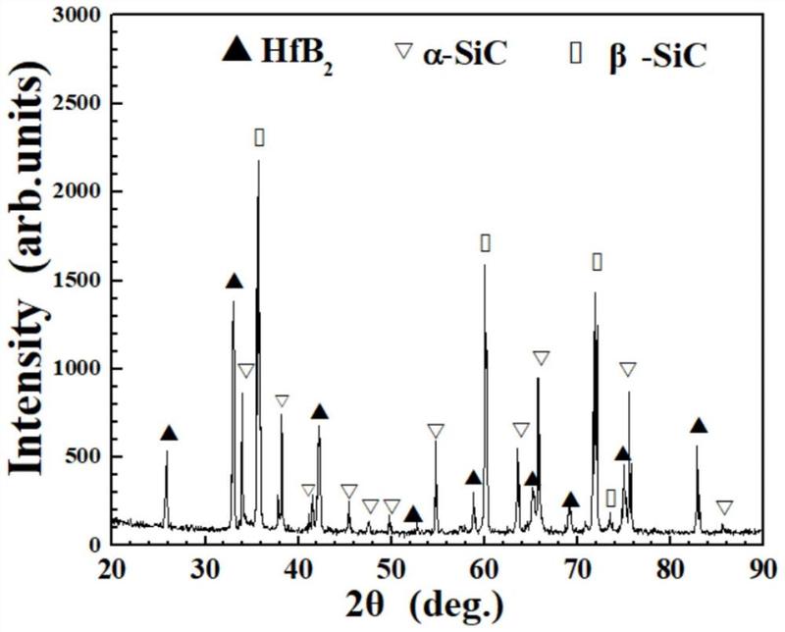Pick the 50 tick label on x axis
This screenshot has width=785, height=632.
click(391, 567)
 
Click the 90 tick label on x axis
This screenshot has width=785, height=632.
click(761, 567)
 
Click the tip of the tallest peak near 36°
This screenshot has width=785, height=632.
click(258, 162)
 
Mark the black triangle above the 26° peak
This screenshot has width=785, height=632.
click(169, 434)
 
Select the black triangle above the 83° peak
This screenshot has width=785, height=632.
click(699, 426)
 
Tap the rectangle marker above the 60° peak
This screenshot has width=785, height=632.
click(485, 242)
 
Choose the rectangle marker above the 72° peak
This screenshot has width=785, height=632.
click(597, 261)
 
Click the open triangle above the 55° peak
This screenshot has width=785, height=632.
click(436, 431)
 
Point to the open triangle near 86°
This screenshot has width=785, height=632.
click(724, 507)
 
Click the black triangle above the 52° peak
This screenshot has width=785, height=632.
click(413, 514)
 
